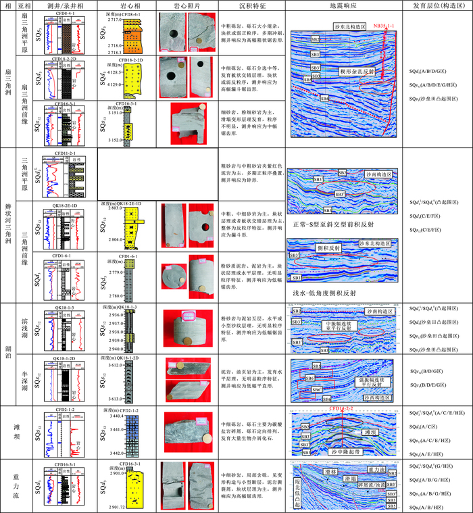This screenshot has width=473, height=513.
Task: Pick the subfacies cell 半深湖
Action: pyautogui.click(x=24, y=379)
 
